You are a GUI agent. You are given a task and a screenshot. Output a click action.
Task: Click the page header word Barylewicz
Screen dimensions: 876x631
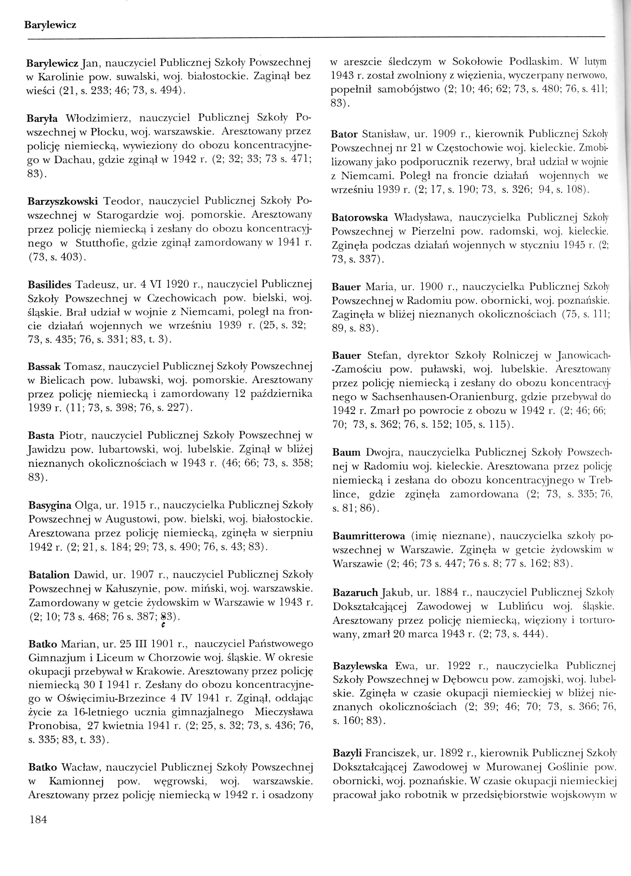click(x=50, y=26)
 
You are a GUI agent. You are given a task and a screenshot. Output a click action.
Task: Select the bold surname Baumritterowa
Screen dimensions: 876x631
click(x=368, y=536)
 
